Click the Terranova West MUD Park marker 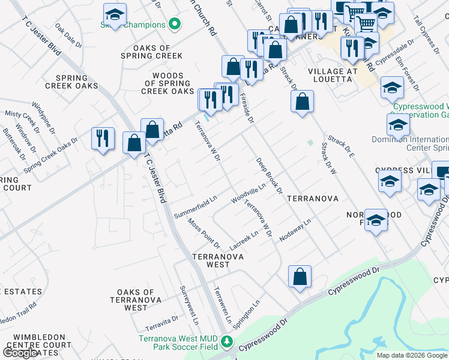pos(227,342)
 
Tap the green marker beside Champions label pos(175,25)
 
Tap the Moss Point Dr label pos(203,233)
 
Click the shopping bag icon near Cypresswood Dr pos(300,277)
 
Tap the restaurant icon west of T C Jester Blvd pos(103,139)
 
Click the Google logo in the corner pos(20,353)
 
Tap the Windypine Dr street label pos(43,114)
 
